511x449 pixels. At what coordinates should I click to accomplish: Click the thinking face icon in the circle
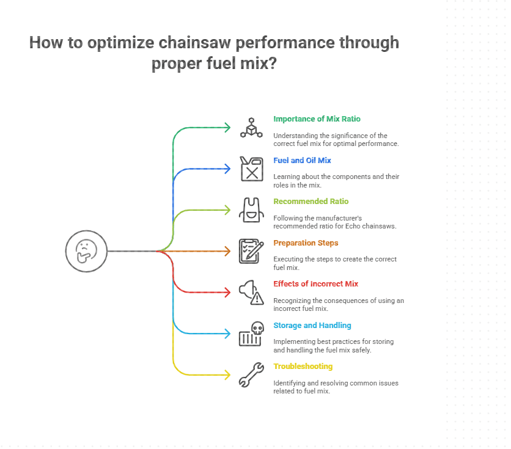point(86,250)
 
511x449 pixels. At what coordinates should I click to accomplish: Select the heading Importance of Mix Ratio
point(312,119)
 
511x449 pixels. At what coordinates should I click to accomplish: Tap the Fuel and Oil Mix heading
point(302,161)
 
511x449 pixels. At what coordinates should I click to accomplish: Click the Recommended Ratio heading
point(311,202)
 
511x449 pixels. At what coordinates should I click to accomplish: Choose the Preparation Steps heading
point(306,243)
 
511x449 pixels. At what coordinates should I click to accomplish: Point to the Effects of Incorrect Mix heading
point(315,284)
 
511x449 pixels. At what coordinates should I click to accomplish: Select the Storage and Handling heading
point(312,326)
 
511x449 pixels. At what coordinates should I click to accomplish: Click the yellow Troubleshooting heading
point(303,367)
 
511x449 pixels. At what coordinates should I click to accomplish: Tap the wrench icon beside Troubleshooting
point(251,374)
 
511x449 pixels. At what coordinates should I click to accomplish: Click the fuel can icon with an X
point(251,169)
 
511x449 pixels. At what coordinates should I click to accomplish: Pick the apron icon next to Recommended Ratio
point(251,210)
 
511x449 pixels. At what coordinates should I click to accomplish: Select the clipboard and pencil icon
point(251,250)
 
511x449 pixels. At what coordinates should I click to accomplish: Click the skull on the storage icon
point(257,328)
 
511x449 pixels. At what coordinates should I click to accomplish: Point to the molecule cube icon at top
point(251,127)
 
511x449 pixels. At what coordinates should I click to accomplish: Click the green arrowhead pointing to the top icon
point(228,128)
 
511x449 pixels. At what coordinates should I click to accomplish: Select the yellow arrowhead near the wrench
point(228,374)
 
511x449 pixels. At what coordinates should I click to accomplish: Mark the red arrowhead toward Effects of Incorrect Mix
point(228,292)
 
